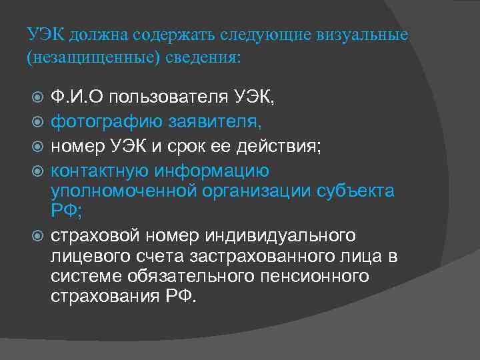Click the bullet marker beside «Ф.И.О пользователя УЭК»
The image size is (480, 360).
pyautogui.click(x=38, y=99)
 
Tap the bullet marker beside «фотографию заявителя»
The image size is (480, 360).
pyautogui.click(x=38, y=123)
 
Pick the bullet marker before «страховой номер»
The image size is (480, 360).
pyautogui.click(x=38, y=236)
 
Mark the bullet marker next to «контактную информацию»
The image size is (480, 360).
pyautogui.click(x=38, y=171)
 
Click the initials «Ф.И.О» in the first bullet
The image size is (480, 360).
pyautogui.click(x=77, y=99)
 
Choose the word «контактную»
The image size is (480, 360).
pyautogui.click(x=100, y=171)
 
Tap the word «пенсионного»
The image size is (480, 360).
pyautogui.click(x=313, y=276)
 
